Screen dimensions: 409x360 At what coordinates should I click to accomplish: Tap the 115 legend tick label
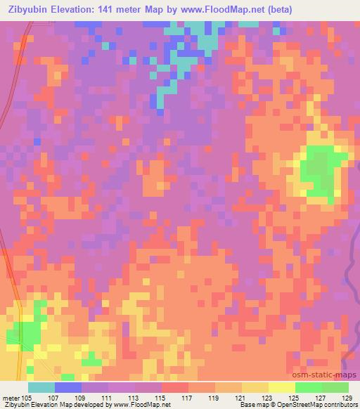pyautogui.click(x=162, y=397)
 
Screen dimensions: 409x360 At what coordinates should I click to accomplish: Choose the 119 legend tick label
pyautogui.click(x=215, y=397)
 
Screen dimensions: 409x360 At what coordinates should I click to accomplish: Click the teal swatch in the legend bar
pyautogui.click(x=41, y=387)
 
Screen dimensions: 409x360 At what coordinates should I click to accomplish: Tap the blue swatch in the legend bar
pyautogui.click(x=68, y=387)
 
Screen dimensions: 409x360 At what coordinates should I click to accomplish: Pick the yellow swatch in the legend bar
pyautogui.click(x=282, y=387)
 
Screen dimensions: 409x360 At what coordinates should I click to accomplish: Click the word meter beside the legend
pyautogui.click(x=11, y=397)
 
